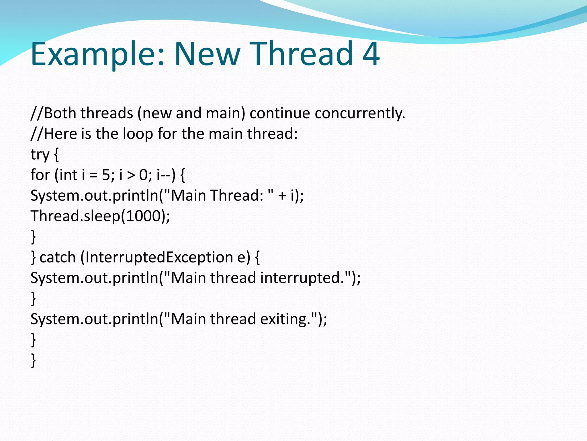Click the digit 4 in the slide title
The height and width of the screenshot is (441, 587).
pyautogui.click(x=371, y=54)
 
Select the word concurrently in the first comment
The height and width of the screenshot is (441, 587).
pyautogui.click(x=360, y=113)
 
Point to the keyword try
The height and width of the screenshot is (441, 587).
pyautogui.click(x=40, y=155)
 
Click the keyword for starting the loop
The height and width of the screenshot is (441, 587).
pyautogui.click(x=40, y=175)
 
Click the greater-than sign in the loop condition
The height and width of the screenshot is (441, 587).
pyautogui.click(x=131, y=175)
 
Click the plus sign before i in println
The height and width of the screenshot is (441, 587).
pyautogui.click(x=282, y=196)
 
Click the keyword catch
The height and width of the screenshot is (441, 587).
pyautogui.click(x=57, y=258)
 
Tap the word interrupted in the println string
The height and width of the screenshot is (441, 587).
pyautogui.click(x=302, y=278)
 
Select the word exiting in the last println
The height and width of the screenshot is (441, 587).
pyautogui.click(x=285, y=319)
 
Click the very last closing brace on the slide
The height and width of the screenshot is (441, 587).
pyautogui.click(x=34, y=360)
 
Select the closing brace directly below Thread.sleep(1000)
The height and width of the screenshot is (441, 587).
pyautogui.click(x=34, y=237)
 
